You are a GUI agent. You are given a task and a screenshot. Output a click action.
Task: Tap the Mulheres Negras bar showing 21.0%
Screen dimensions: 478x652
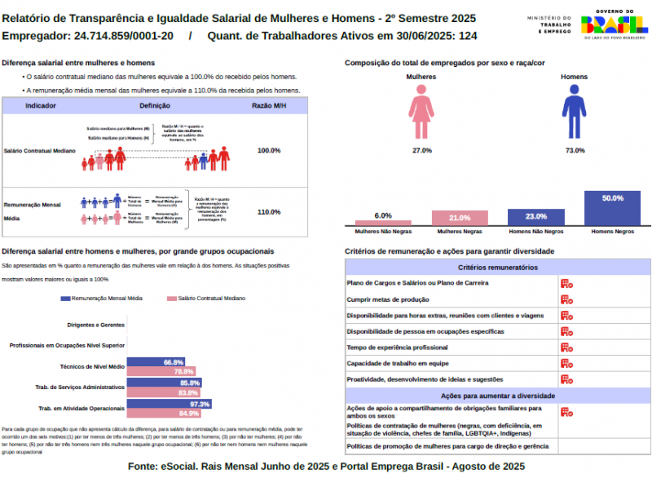click(x=460, y=218)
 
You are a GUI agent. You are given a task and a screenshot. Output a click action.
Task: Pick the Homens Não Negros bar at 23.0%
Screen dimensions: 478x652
click(x=535, y=217)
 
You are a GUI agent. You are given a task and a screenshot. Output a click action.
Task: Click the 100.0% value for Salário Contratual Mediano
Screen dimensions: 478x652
click(x=269, y=151)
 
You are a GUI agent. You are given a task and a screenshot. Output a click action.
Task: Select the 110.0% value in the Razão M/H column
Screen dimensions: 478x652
click(x=269, y=212)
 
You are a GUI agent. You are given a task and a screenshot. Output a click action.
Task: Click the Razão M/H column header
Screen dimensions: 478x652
click(x=269, y=106)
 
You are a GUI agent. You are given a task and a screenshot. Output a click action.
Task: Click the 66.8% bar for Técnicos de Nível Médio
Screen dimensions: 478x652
click(x=156, y=362)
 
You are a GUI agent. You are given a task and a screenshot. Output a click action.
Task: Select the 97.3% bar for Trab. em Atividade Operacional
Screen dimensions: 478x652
click(x=170, y=404)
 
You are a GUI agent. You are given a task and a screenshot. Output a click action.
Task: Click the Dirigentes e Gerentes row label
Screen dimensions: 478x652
click(x=90, y=325)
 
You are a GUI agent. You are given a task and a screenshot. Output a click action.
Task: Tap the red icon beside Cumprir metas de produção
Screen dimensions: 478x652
click(x=566, y=299)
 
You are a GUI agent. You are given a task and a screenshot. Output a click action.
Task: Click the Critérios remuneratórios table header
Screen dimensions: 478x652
click(x=498, y=268)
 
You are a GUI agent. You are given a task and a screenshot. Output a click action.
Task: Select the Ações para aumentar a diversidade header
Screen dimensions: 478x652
click(x=498, y=395)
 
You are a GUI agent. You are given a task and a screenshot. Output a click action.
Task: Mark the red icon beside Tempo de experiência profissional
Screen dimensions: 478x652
click(x=566, y=347)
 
